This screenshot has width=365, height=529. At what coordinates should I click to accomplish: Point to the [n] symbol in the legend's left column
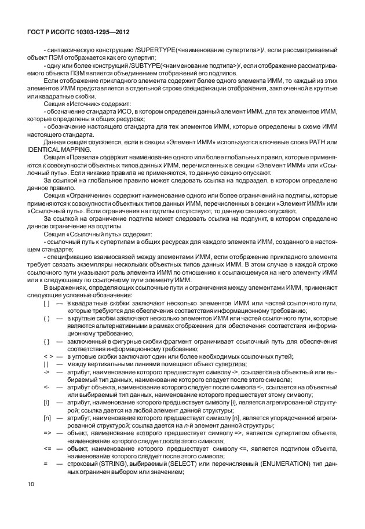click(46, 417)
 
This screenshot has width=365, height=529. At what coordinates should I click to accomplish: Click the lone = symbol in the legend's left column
click(45, 462)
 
